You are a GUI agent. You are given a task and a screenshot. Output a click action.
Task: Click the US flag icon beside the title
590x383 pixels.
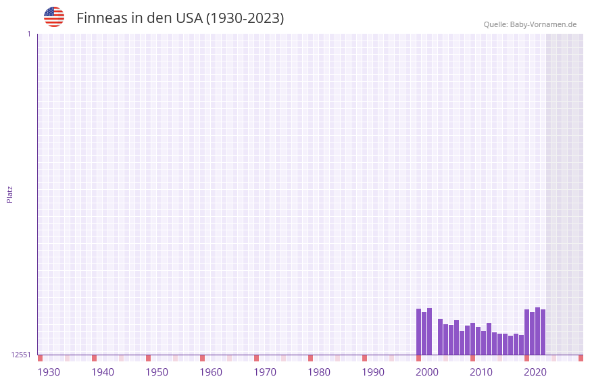tap(54, 17)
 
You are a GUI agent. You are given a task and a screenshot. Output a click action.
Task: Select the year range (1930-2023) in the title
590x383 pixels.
tap(245, 18)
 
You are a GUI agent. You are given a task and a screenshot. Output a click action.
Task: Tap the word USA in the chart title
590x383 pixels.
tap(189, 18)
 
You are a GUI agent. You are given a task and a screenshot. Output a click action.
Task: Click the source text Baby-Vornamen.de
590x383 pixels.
tap(543, 24)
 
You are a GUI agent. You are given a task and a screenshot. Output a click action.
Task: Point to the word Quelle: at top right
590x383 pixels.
tap(495, 24)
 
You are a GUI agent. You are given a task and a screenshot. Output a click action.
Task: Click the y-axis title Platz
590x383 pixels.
tap(9, 194)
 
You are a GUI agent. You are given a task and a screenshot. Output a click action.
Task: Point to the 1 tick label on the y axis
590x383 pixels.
tap(28, 34)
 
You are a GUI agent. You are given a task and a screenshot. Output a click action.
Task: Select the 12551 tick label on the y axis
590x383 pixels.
tap(21, 355)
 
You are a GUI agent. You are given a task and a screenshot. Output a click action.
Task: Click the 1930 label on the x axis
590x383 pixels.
tap(49, 372)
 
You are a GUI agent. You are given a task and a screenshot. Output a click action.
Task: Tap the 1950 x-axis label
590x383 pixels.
tap(157, 372)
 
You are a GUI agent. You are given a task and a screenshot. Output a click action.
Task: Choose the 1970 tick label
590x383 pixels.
tap(265, 372)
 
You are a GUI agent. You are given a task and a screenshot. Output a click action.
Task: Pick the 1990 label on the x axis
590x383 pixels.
tap(373, 372)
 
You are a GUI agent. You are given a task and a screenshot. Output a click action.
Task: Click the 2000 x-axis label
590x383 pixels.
tap(427, 372)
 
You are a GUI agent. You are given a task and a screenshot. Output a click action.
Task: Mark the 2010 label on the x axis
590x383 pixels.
tap(481, 372)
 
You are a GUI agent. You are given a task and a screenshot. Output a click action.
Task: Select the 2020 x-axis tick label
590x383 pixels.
tap(535, 372)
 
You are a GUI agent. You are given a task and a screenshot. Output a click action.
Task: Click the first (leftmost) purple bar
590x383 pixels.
tap(418, 332)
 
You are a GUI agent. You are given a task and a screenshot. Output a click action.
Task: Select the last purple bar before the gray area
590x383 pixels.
tap(543, 332)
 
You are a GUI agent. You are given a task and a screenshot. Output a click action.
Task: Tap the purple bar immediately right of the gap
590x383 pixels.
tap(440, 336)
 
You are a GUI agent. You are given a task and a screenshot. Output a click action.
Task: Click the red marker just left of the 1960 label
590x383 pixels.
tap(202, 358)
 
